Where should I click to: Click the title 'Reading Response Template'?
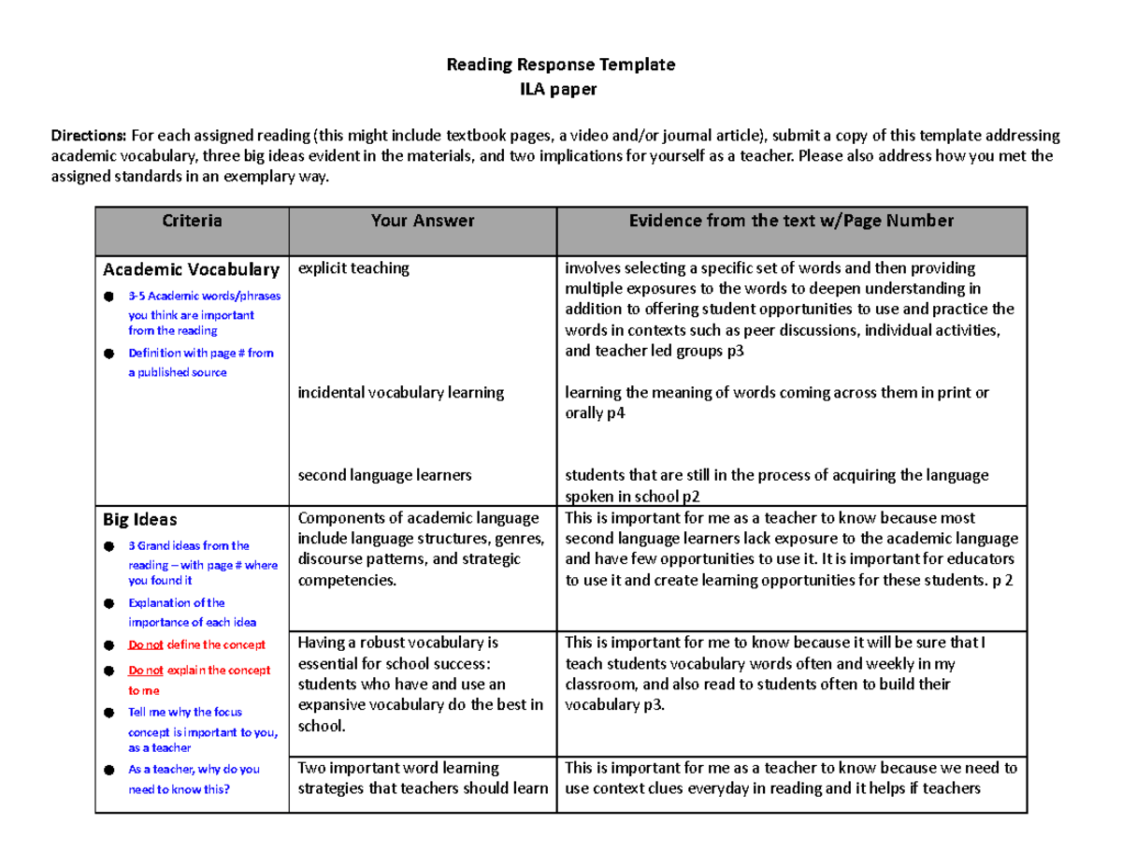click(x=559, y=65)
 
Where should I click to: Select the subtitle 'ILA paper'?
click(x=559, y=89)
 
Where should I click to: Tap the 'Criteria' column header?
click(x=192, y=222)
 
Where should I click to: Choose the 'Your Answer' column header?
click(x=422, y=222)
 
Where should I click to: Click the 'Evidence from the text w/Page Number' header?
click(x=791, y=222)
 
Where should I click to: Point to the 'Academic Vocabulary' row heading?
click(x=191, y=269)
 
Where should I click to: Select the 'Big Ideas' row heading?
click(x=139, y=518)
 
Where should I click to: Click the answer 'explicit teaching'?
click(x=353, y=268)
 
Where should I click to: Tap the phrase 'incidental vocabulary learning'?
click(x=400, y=393)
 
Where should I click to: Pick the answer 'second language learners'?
click(x=384, y=475)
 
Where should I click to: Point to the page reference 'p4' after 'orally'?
click(x=616, y=412)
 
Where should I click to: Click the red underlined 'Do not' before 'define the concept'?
click(x=145, y=644)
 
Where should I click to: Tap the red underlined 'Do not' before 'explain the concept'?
click(x=145, y=671)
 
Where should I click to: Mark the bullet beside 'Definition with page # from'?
click(x=109, y=354)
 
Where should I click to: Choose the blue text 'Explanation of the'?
click(x=176, y=603)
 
